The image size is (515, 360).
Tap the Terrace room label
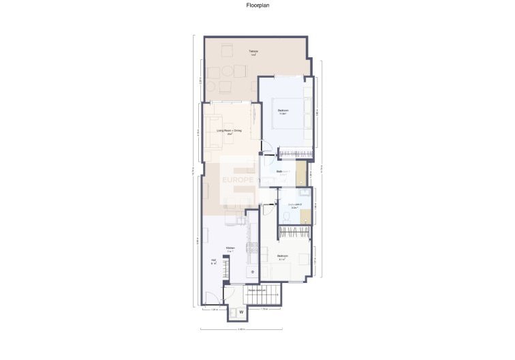coord(234,53)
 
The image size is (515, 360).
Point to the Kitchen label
coord(230,248)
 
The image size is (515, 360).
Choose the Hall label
coord(213,261)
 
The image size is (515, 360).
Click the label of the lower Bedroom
coord(282,257)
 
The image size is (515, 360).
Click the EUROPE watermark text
coord(238,180)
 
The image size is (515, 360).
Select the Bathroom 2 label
coord(294,205)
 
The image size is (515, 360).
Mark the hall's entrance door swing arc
coord(211,297)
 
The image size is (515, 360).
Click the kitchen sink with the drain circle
coord(253,271)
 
